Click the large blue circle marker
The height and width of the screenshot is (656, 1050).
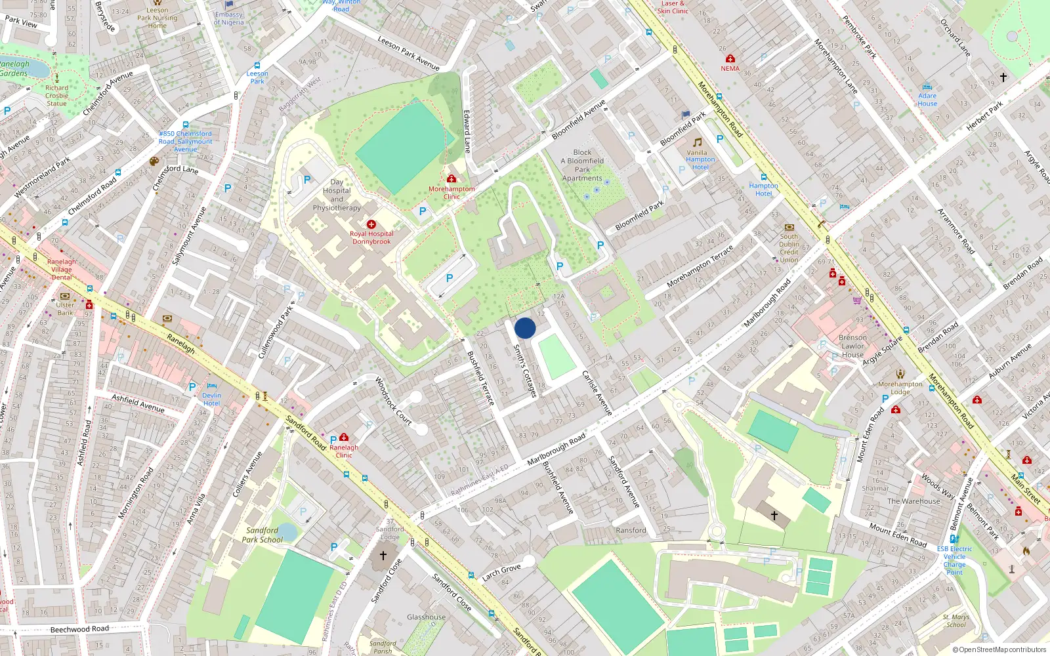[525, 328]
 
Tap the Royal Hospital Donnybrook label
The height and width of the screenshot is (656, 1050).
[371, 237]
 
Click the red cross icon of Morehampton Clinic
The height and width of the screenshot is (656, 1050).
[451, 178]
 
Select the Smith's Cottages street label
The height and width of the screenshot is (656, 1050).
[525, 371]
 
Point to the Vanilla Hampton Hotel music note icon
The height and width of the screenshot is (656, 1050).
[697, 142]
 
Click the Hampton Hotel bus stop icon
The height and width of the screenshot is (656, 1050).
[764, 177]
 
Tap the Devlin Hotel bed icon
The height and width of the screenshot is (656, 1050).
[212, 386]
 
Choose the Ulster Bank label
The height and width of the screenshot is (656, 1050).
[65, 308]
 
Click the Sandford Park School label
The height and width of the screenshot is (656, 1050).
[262, 535]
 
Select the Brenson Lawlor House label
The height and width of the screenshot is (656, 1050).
[852, 346]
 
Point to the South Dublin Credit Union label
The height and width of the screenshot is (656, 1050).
[789, 248]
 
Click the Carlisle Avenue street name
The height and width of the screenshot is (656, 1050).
[597, 392]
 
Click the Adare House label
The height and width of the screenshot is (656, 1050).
[927, 100]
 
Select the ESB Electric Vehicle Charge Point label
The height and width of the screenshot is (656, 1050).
[954, 560]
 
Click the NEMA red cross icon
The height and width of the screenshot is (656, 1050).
[730, 58]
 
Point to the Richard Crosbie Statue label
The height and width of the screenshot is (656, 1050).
[56, 96]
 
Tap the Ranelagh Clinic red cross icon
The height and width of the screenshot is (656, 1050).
[344, 437]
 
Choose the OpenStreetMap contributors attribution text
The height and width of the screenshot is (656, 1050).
[999, 649]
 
